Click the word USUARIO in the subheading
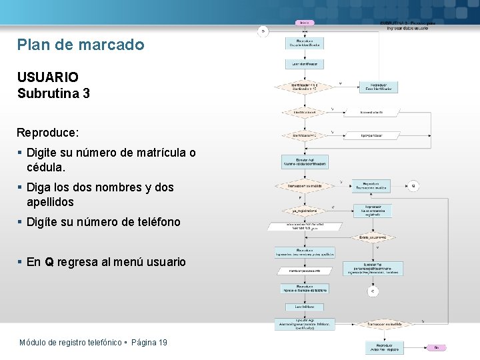(x=48, y=77)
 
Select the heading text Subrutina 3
(x=53, y=93)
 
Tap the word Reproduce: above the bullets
(x=48, y=133)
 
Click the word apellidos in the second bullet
(x=50, y=201)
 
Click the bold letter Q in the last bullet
(x=49, y=262)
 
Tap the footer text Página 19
(x=149, y=343)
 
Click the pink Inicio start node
(x=304, y=23)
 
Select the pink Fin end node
(x=436, y=347)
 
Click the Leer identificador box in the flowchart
(x=305, y=65)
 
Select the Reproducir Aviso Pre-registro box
(x=384, y=348)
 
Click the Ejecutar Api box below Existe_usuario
(x=373, y=268)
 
